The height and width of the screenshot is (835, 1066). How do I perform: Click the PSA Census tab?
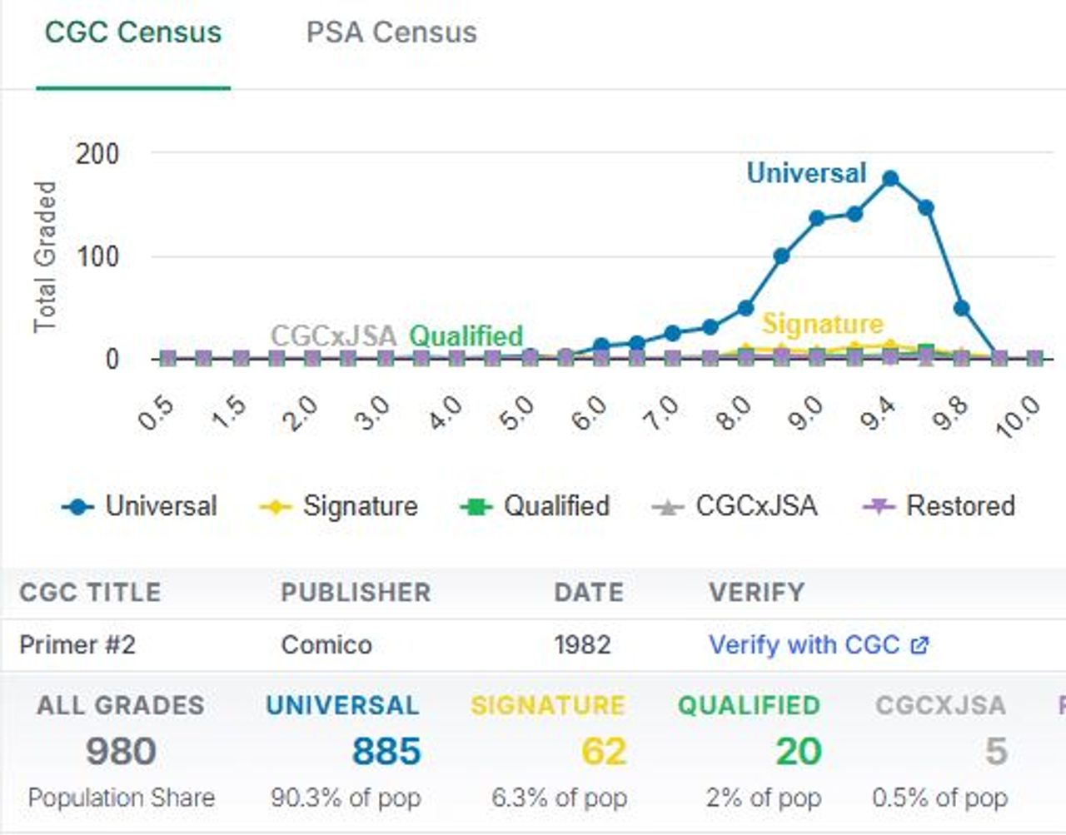click(x=391, y=32)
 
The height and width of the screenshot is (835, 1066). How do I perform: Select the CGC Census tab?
click(x=133, y=32)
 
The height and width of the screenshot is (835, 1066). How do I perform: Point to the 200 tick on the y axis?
click(x=97, y=154)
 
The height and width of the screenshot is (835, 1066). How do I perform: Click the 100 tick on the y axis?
click(x=97, y=256)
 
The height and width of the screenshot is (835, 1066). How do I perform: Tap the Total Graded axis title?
click(x=45, y=256)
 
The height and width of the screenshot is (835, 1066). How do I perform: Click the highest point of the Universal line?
click(x=890, y=178)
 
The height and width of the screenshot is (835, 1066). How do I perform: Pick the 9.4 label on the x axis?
click(x=878, y=413)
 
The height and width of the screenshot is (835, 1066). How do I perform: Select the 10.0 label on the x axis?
click(x=1019, y=415)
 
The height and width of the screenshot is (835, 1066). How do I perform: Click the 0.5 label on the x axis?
click(x=156, y=413)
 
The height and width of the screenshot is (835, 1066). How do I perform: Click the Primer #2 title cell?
click(x=77, y=645)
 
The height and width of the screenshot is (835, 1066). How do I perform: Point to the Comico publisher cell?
click(x=326, y=645)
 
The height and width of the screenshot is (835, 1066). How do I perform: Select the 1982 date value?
click(x=582, y=645)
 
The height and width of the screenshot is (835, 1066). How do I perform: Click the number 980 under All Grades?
click(x=121, y=752)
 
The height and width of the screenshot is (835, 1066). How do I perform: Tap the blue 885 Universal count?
click(x=386, y=752)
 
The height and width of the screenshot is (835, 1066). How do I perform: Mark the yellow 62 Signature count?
click(x=603, y=752)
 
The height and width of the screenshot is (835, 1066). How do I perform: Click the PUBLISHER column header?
click(x=356, y=592)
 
